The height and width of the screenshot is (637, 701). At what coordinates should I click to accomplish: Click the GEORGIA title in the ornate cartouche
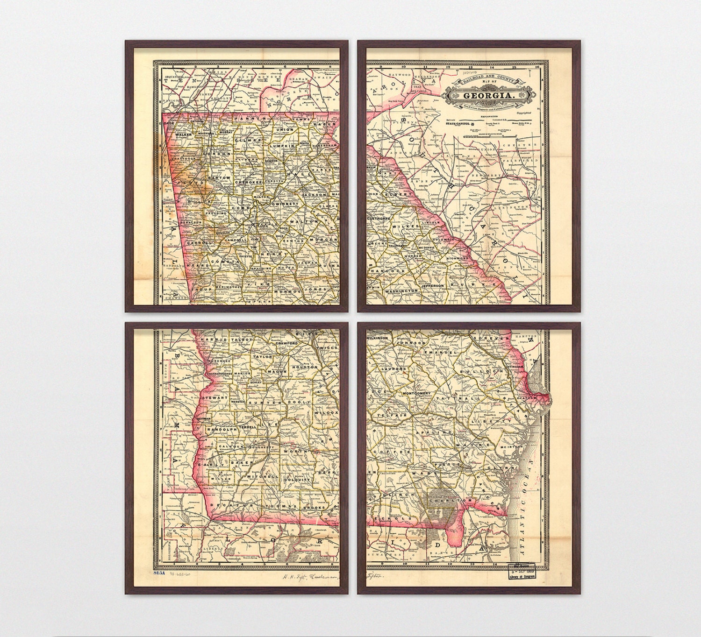click(x=488, y=96)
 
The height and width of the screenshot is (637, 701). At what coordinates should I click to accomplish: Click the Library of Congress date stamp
click(x=522, y=573)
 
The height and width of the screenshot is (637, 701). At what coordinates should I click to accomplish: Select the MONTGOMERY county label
click(x=415, y=393)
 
